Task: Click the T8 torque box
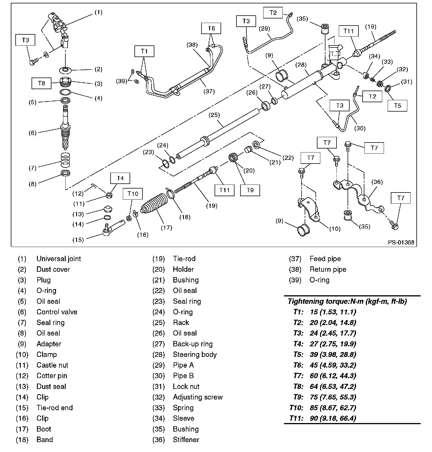point(41,83)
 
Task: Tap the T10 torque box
point(133,194)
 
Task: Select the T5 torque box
point(397,106)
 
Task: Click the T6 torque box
point(211,28)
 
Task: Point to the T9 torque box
point(250,190)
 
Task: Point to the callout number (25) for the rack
point(214,115)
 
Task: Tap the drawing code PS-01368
point(401,242)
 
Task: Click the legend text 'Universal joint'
point(59,259)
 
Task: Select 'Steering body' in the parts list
point(195,354)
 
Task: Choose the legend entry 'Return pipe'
point(328,269)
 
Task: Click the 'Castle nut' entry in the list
point(52,365)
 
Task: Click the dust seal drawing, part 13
point(108,210)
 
